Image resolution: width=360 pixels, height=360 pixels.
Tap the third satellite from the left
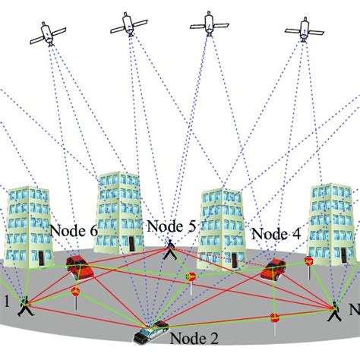(x=209, y=24)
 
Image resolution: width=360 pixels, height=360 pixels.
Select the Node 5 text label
(x=172, y=226)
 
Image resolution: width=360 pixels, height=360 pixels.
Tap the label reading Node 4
(x=275, y=234)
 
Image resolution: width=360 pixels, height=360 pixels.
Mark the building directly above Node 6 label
(x=119, y=210)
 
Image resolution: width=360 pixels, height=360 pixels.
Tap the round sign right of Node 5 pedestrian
(x=191, y=277)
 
